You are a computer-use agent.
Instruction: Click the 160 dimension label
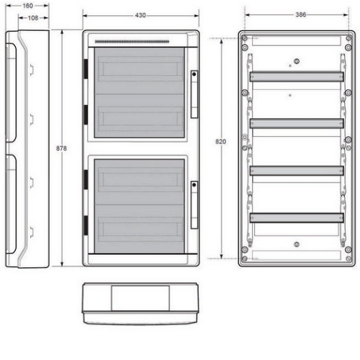click(27, 6)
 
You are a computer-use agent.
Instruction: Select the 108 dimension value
click(33, 18)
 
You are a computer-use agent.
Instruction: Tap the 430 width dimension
click(140, 15)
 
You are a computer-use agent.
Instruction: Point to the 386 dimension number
click(301, 14)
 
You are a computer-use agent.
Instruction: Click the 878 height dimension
click(61, 148)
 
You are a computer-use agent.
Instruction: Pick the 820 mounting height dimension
click(220, 142)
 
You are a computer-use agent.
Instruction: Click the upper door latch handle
click(194, 94)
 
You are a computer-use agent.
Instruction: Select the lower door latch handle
click(194, 204)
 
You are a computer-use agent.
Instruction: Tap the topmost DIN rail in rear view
click(297, 77)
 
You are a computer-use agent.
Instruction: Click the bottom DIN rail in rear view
click(297, 218)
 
